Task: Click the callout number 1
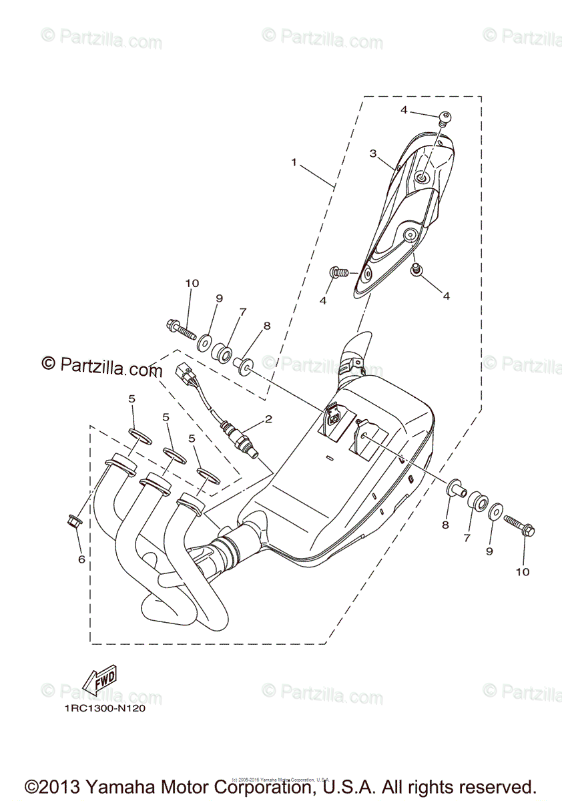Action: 293,162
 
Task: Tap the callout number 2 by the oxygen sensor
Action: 268,419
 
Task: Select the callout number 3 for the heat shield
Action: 374,154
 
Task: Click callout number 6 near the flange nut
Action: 81,559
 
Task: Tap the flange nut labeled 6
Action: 74,519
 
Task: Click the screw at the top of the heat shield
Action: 443,119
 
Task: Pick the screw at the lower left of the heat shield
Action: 338,272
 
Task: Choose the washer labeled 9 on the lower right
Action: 495,513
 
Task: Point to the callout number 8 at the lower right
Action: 445,525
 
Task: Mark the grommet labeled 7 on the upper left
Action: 222,350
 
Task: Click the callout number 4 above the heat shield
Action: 404,110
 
